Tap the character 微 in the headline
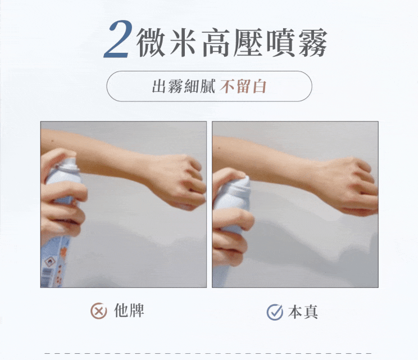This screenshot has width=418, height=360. pos(151,43)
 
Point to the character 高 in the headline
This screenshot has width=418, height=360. pos(215,43)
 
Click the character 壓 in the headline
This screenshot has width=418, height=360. pos(248,43)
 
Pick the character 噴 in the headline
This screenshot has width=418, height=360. pos(280,43)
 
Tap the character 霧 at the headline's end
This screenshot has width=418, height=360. pos(312,43)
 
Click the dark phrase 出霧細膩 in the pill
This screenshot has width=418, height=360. pos(183,86)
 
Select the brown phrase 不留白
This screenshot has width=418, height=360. pos(243,86)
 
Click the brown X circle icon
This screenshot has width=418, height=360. pos(99,311)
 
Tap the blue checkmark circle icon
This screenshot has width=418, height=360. pos(275,312)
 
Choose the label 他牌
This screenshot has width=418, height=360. pos(129,310)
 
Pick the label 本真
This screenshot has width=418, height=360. pos(303,312)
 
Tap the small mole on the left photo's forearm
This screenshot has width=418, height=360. pos(53,141)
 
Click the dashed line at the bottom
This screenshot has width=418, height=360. pos(208,353)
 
